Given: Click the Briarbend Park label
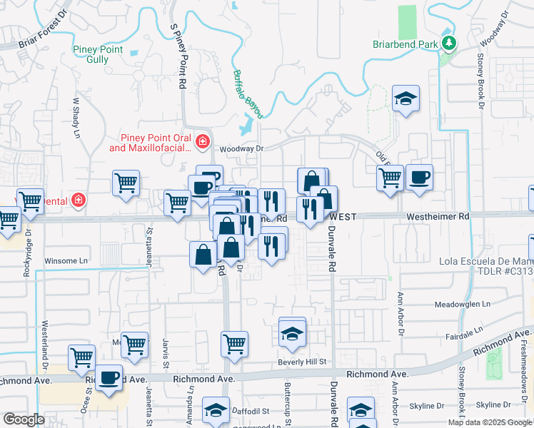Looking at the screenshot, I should pyautogui.click(x=404, y=44).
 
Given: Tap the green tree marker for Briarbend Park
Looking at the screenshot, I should pyautogui.click(x=449, y=44).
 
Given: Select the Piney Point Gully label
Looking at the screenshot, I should pyautogui.click(x=98, y=54).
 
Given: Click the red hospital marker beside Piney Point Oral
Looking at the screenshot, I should pyautogui.click(x=203, y=141).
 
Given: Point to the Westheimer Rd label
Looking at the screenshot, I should pyautogui.click(x=438, y=215).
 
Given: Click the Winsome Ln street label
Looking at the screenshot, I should pyautogui.click(x=71, y=260).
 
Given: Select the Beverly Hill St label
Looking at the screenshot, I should pyautogui.click(x=302, y=362).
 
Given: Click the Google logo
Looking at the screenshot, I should pyautogui.click(x=24, y=419).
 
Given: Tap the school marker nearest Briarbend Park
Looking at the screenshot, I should pyautogui.click(x=406, y=99).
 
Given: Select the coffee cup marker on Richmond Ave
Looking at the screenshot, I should pyautogui.click(x=109, y=378).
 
